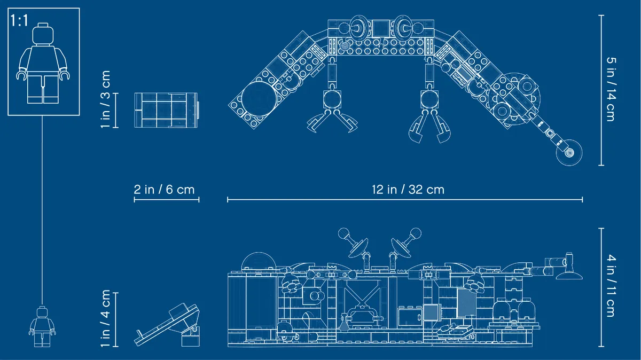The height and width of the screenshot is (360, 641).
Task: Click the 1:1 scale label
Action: tap(19, 21)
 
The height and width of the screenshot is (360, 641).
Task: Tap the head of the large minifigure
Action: tap(43, 34)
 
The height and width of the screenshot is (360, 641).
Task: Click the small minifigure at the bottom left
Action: tap(42, 326)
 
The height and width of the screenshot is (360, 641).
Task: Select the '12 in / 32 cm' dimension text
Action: tap(408, 190)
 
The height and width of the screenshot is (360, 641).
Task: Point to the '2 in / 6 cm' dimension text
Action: tap(165, 190)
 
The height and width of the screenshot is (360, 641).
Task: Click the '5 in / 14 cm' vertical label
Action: tap(611, 89)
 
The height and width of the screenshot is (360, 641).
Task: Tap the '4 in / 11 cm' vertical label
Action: tap(611, 286)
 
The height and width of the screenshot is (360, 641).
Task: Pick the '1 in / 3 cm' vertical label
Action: tap(105, 99)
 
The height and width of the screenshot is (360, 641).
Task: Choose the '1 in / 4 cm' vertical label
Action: tap(105, 318)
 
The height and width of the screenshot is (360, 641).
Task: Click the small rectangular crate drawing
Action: tap(166, 110)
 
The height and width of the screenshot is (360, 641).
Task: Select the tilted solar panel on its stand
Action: tap(167, 325)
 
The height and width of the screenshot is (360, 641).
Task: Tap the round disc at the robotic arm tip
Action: tap(569, 153)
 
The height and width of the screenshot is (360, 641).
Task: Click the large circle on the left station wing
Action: tap(260, 99)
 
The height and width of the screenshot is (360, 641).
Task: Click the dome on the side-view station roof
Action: tap(259, 261)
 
